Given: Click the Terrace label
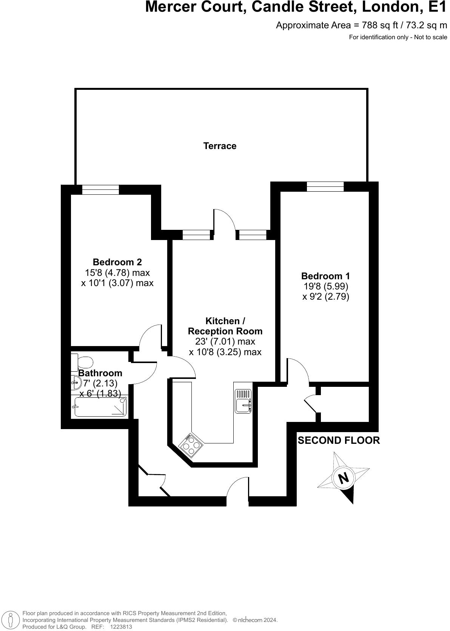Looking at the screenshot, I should pos(220,146).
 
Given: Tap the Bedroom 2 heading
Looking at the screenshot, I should pos(117,262).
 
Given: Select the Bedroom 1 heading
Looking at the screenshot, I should pos(325,276).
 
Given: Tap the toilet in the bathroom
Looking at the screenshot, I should pos(82,362).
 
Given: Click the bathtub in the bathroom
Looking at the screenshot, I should pos(100,407).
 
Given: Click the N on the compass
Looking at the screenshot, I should pos(343,478).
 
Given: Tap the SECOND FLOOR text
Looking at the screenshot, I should pos(339,440).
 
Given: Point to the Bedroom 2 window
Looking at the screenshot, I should pos(100,189).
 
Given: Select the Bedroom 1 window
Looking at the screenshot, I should pos(325,186).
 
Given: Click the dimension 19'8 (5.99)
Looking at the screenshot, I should pos(325,286).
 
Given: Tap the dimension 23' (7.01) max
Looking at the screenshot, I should pos(225,342).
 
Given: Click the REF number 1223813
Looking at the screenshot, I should pos(121,627).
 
